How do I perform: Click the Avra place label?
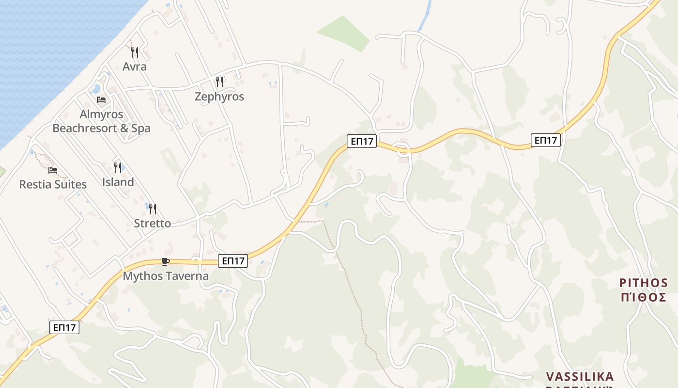pyautogui.click(x=135, y=66)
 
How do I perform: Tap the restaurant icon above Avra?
pyautogui.click(x=135, y=52)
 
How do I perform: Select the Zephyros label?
pyautogui.click(x=219, y=97)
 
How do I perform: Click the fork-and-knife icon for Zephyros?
pyautogui.click(x=219, y=81)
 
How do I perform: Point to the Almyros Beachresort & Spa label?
pyautogui.click(x=101, y=121)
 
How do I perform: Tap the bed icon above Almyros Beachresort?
pyautogui.click(x=101, y=100)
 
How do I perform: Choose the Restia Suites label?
pyautogui.click(x=53, y=184)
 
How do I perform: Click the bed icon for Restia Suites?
pyautogui.click(x=53, y=170)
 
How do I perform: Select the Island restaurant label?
pyautogui.click(x=118, y=182)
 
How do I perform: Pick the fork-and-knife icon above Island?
pyautogui.click(x=118, y=168)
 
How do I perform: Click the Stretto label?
pyautogui.click(x=153, y=223)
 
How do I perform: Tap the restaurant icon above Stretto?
pyautogui.click(x=153, y=209)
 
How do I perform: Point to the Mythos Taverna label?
pyautogui.click(x=166, y=276)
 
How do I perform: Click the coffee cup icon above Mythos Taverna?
pyautogui.click(x=166, y=262)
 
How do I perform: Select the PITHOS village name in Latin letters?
pyautogui.click(x=644, y=283)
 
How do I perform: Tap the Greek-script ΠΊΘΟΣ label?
pyautogui.click(x=644, y=297)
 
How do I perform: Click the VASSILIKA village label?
pyautogui.click(x=580, y=377)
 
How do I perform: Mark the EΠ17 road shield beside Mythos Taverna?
pyautogui.click(x=233, y=261)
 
